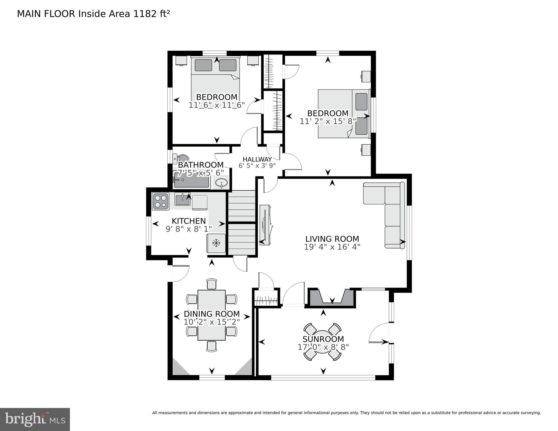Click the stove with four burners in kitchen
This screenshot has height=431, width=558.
[x=161, y=201]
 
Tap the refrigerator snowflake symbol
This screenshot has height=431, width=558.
[x=216, y=243]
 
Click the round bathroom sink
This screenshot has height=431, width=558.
[x=222, y=184]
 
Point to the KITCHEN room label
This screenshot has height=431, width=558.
[x=189, y=221]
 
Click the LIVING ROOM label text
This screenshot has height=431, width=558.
[x=332, y=239]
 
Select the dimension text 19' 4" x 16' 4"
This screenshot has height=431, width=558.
[x=332, y=247]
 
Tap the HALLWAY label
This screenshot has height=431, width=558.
[x=257, y=159]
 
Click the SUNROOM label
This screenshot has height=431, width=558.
[x=323, y=339]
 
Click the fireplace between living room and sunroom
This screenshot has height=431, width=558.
[x=332, y=298]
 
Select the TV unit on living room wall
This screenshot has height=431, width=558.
[x=265, y=225]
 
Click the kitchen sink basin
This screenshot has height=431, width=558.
[x=183, y=200]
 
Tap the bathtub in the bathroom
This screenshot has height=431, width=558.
[x=192, y=180]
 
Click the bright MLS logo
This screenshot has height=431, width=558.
[x=35, y=419]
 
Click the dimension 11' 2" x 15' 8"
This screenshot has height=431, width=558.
[x=328, y=121]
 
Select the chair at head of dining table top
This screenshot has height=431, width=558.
[x=211, y=284]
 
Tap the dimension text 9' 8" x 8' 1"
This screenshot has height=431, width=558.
[x=189, y=229]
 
